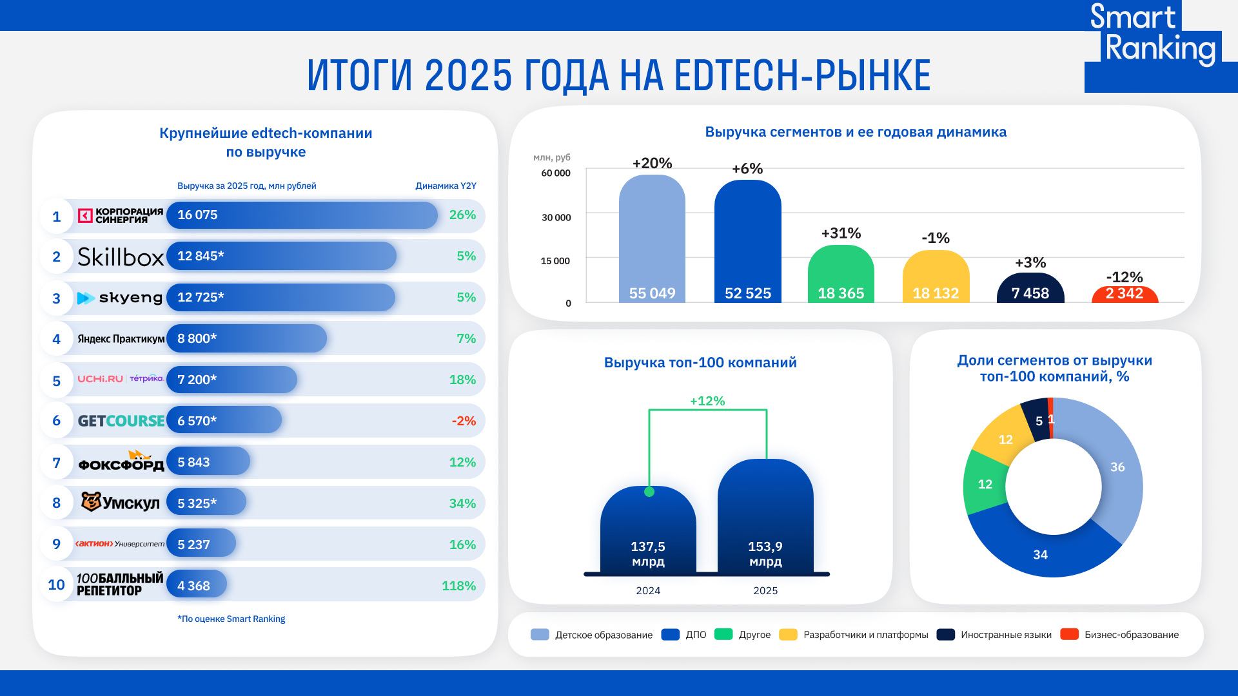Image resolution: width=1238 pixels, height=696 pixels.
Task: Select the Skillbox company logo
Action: point(121,256)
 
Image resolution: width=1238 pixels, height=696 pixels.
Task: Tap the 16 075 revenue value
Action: point(197,215)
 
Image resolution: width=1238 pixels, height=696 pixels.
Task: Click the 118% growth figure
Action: point(458,586)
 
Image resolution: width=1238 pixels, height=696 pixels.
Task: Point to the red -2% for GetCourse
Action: point(464,421)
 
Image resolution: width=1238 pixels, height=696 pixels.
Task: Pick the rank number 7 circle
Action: point(57,463)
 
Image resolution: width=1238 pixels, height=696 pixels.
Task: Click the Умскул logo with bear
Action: point(121,503)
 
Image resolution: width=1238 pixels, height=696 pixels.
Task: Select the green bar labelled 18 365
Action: point(841,274)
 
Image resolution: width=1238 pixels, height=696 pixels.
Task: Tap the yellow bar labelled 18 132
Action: point(936,276)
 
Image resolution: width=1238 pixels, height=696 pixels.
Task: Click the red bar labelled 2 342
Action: point(1125,295)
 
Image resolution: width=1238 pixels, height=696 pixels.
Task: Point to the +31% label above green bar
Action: point(841,233)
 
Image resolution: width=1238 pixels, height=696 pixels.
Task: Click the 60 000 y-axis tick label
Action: point(555,173)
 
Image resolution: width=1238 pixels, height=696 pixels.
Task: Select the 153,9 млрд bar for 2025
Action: point(765,516)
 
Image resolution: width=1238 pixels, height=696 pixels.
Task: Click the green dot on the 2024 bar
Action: point(649,492)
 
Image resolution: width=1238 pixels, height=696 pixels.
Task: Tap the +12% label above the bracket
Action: point(707,401)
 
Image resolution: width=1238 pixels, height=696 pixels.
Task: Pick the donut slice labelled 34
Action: point(1040,554)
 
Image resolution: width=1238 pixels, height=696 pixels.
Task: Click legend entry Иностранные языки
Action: point(1005,635)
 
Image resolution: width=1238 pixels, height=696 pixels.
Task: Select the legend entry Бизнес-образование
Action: point(1131,635)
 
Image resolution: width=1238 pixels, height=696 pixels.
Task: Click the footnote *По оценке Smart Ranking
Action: point(231,619)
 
